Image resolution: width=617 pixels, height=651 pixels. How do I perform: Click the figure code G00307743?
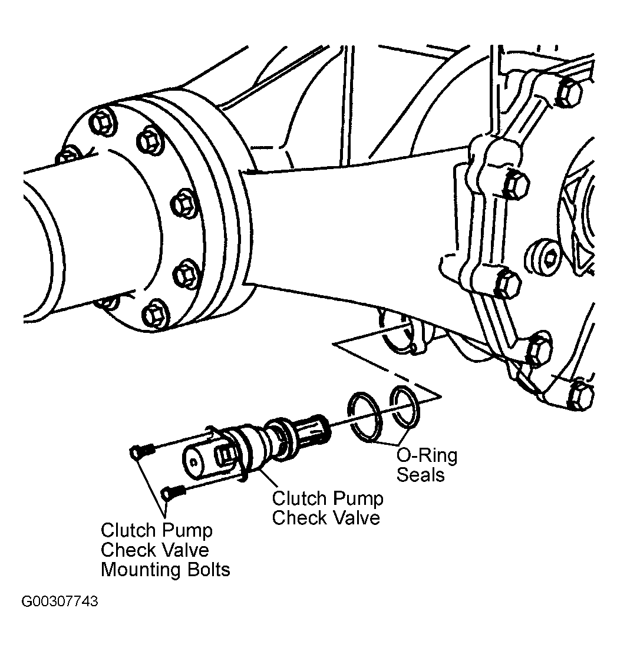click(60, 601)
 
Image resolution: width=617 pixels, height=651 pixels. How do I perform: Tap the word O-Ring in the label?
click(427, 455)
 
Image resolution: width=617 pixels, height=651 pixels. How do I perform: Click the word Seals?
click(420, 474)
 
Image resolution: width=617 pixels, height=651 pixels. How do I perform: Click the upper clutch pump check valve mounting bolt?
click(142, 451)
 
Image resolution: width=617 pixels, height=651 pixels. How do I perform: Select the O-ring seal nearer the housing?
click(405, 407)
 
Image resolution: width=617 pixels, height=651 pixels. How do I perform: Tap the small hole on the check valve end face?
click(193, 461)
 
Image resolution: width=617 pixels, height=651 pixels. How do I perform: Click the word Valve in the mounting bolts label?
click(189, 550)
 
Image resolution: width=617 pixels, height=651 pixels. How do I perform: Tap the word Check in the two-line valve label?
click(297, 518)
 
